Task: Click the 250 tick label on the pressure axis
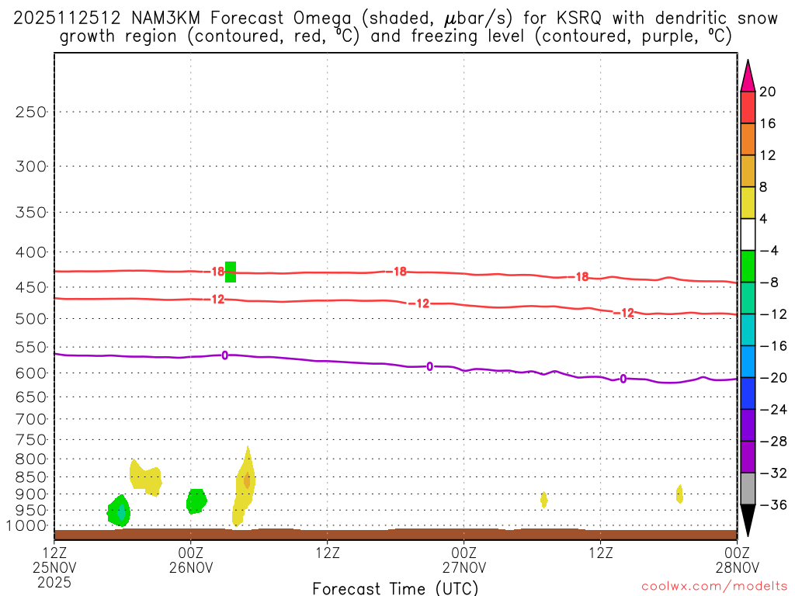31,112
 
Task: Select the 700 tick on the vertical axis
31,418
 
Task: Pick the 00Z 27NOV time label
463,560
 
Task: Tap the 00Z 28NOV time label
736,560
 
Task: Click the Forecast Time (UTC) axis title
395,587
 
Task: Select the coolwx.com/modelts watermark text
714,587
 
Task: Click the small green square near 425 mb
230,272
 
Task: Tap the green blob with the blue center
120,511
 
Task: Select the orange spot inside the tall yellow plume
247,480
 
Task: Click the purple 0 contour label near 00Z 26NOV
224,355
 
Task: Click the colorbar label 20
768,92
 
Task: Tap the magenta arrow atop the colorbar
748,75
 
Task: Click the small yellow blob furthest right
679,494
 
